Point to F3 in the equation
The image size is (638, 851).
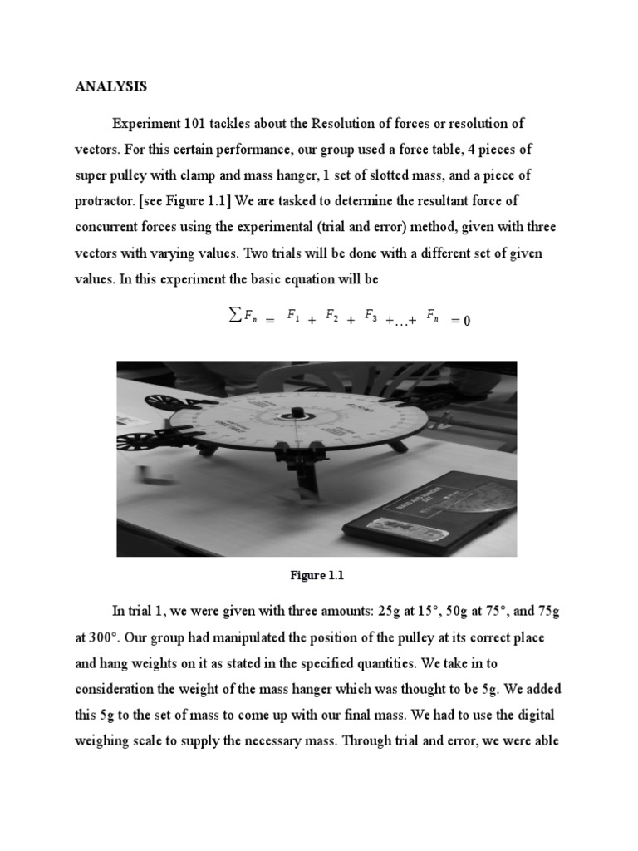(371, 316)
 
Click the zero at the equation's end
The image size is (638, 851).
(466, 320)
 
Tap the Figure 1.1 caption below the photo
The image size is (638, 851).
(316, 575)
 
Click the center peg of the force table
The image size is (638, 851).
(297, 412)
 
